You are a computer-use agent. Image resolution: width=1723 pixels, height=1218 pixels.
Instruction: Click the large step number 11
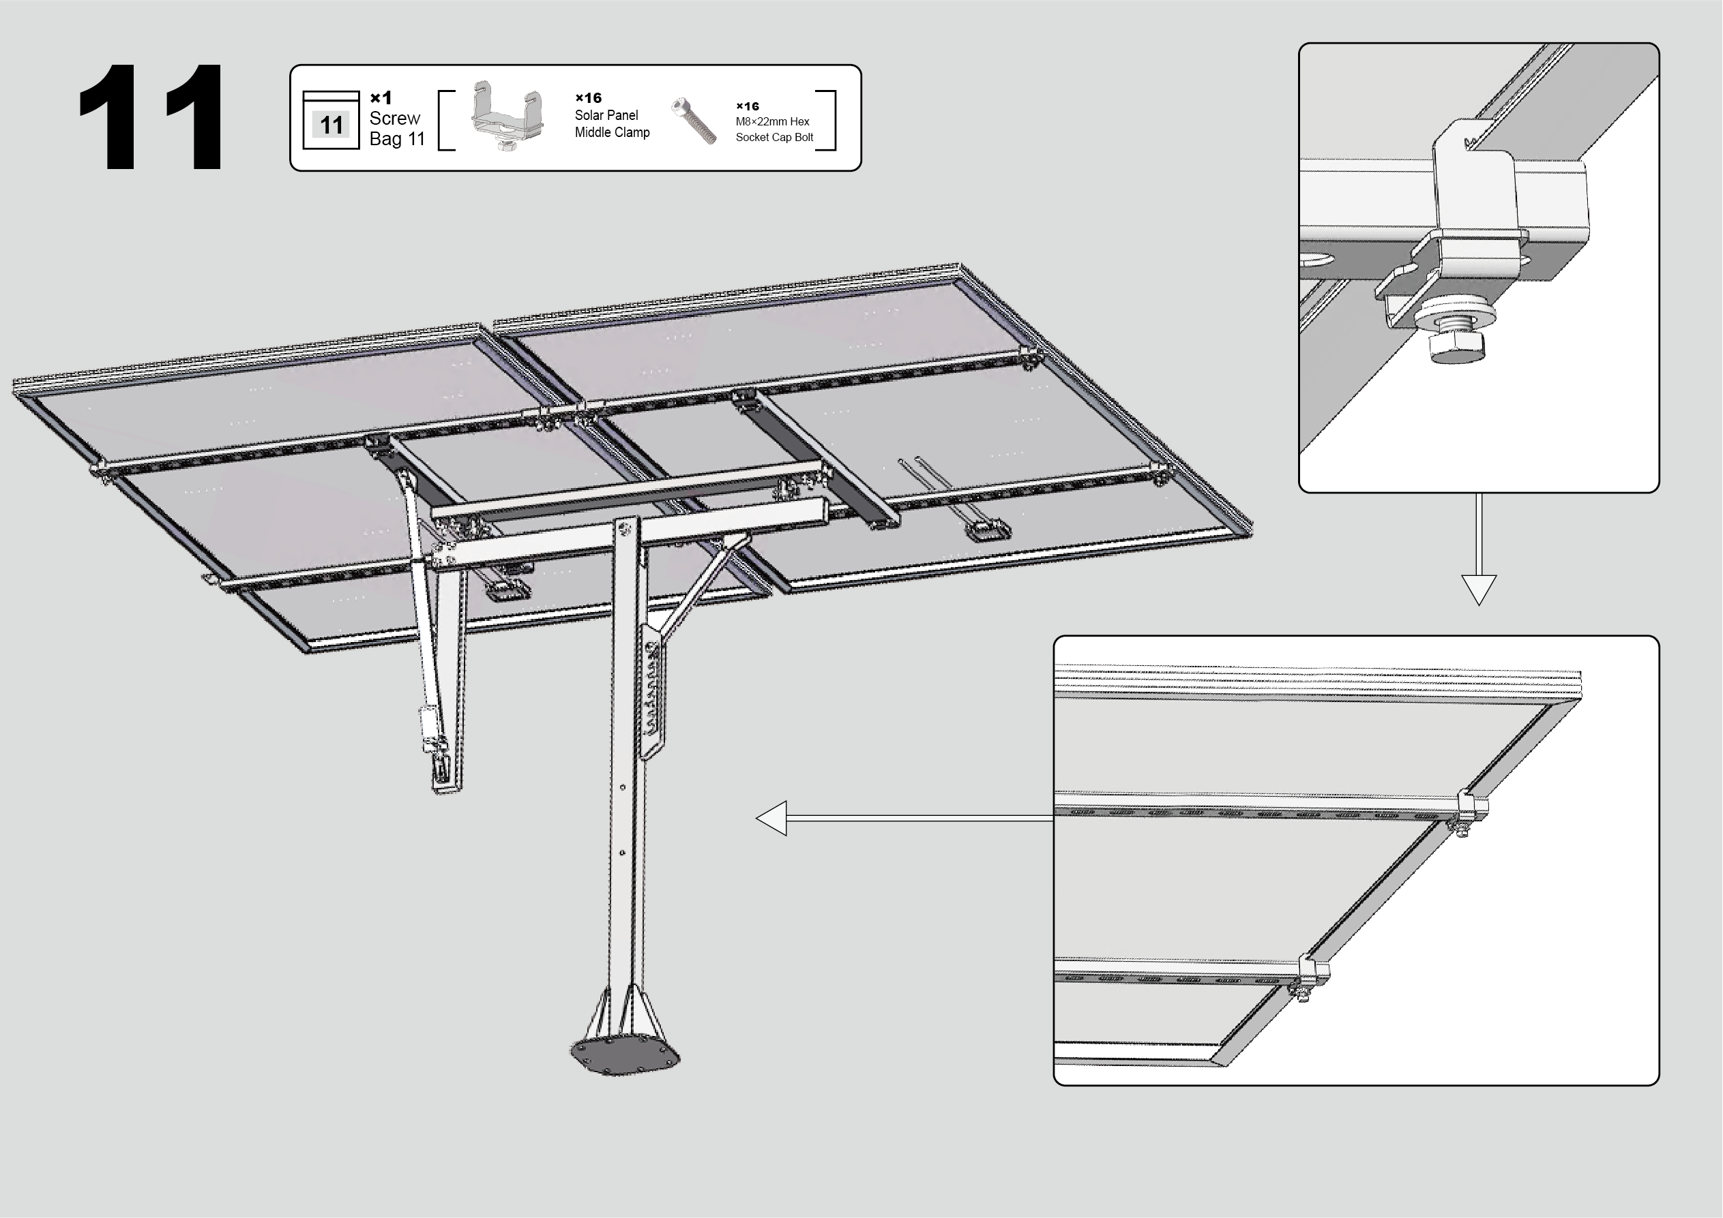(x=150, y=117)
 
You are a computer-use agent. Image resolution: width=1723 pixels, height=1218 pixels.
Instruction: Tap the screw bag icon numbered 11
(x=331, y=120)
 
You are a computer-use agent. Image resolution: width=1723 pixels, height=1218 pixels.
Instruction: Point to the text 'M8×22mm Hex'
(x=772, y=121)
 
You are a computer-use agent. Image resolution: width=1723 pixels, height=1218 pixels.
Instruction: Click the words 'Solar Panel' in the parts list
(x=606, y=115)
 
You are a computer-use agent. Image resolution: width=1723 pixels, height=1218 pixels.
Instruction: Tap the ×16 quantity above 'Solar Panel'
(x=589, y=97)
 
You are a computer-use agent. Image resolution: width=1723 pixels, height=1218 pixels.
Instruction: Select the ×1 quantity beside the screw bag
(x=381, y=97)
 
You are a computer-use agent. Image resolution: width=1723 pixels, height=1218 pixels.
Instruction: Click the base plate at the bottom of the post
(x=625, y=1056)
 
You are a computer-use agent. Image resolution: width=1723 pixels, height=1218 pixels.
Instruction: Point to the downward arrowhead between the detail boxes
(x=1478, y=590)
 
